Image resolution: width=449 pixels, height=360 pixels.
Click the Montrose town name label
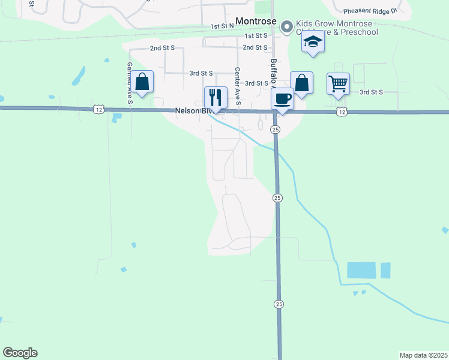click(256, 21)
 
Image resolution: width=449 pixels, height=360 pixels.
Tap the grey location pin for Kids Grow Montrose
click(287, 26)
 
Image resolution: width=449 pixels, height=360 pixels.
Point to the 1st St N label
click(222, 27)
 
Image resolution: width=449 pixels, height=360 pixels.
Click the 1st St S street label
click(255, 36)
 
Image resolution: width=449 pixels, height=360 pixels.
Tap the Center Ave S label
click(238, 86)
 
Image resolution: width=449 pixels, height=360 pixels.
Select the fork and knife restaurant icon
click(216, 97)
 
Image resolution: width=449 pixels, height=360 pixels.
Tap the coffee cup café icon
click(282, 99)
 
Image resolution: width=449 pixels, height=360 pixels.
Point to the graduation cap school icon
click(313, 43)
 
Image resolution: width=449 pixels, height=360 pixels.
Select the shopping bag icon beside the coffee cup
click(301, 83)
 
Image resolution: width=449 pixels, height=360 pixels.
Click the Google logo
click(20, 353)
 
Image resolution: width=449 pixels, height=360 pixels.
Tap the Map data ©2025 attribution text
click(424, 355)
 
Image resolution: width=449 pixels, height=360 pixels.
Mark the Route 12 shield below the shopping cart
click(342, 112)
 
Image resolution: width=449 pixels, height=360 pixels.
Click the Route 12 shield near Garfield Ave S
click(100, 109)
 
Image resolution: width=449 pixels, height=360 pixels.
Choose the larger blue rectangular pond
click(361, 270)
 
